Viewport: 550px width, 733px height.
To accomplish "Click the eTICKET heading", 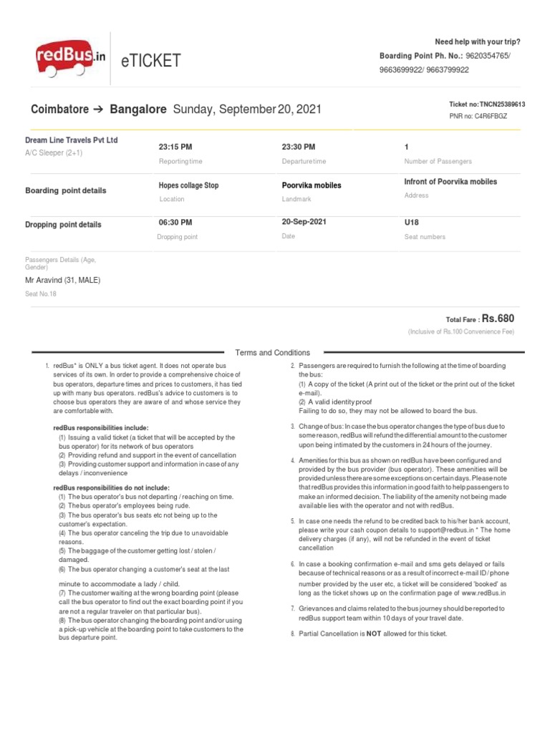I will tap(152, 62).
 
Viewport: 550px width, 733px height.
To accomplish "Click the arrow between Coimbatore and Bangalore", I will tap(99, 110).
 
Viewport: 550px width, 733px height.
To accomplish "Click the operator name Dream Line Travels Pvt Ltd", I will tap(72, 140).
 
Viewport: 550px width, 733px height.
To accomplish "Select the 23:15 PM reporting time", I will tap(175, 147).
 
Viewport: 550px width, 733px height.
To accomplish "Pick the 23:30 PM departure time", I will tap(299, 147).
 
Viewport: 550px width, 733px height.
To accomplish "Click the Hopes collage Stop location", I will tap(188, 185).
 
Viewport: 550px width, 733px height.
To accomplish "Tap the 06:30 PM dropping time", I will tap(175, 223).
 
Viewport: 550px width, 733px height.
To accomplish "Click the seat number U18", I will tap(412, 223).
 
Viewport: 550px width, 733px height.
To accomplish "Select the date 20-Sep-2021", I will tap(304, 222).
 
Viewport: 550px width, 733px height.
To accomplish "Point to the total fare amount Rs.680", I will tap(498, 319).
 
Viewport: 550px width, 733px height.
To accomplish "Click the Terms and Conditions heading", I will tap(273, 353).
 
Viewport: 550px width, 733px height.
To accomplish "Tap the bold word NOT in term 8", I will tap(373, 634).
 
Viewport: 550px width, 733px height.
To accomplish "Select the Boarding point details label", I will tap(66, 191).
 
